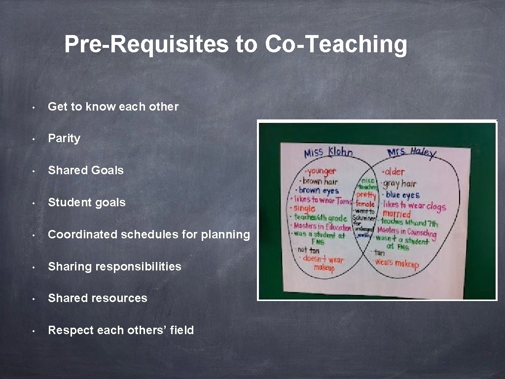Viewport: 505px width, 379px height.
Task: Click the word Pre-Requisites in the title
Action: pyautogui.click(x=146, y=44)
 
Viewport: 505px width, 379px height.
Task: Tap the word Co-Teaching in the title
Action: pyautogui.click(x=336, y=44)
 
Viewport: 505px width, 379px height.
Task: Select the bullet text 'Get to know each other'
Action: pyautogui.click(x=113, y=107)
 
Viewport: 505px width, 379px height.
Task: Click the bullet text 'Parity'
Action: pyautogui.click(x=64, y=139)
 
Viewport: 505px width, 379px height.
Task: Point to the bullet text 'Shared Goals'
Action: pyautogui.click(x=85, y=170)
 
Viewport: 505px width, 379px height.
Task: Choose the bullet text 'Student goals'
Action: pyautogui.click(x=86, y=202)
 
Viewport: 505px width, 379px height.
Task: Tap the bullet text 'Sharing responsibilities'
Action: pyautogui.click(x=114, y=266)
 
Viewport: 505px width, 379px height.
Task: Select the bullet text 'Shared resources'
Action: pyautogui.click(x=97, y=298)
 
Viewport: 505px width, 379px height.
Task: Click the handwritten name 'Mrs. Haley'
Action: pyautogui.click(x=411, y=152)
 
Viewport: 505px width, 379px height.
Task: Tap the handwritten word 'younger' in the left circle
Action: pyautogui.click(x=322, y=171)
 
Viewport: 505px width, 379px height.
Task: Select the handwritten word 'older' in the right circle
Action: pyautogui.click(x=394, y=172)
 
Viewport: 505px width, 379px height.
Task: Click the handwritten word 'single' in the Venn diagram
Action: pyautogui.click(x=304, y=209)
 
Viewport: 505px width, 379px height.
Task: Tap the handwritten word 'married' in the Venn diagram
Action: pyautogui.click(x=397, y=214)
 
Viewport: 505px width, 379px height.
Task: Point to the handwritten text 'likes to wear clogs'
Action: pyautogui.click(x=414, y=206)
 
